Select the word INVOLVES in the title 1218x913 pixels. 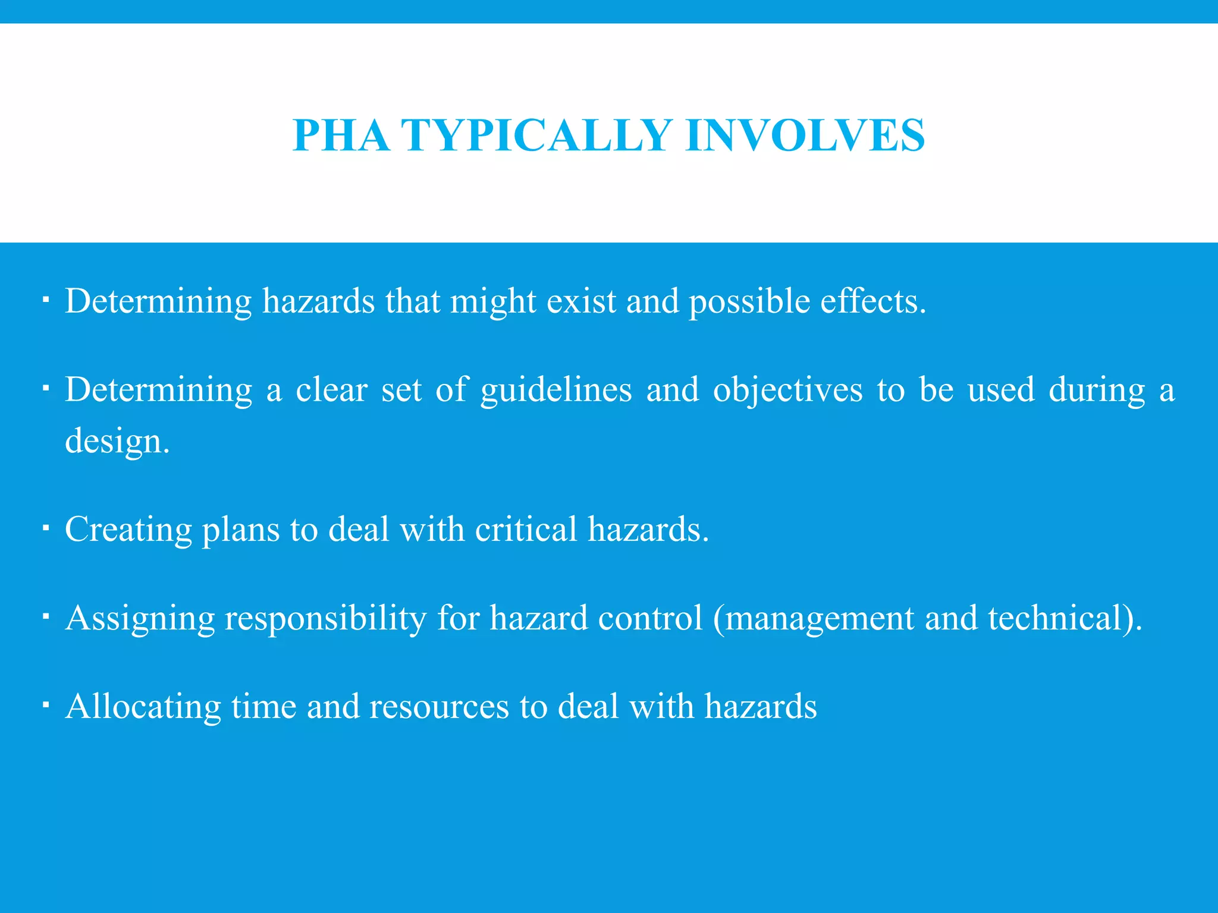point(805,136)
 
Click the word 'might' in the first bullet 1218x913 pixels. point(493,301)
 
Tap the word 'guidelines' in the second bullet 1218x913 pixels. point(556,391)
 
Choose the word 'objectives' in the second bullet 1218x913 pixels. point(787,391)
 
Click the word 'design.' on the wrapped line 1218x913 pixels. point(117,442)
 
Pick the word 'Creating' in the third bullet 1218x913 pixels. point(128,529)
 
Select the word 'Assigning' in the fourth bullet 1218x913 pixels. point(140,618)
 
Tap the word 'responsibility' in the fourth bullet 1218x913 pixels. point(325,618)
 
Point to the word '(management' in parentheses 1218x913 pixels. point(813,618)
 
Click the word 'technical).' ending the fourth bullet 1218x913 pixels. point(1065,618)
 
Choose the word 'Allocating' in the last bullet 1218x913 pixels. point(143,707)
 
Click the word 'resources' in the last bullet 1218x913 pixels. point(439,707)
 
